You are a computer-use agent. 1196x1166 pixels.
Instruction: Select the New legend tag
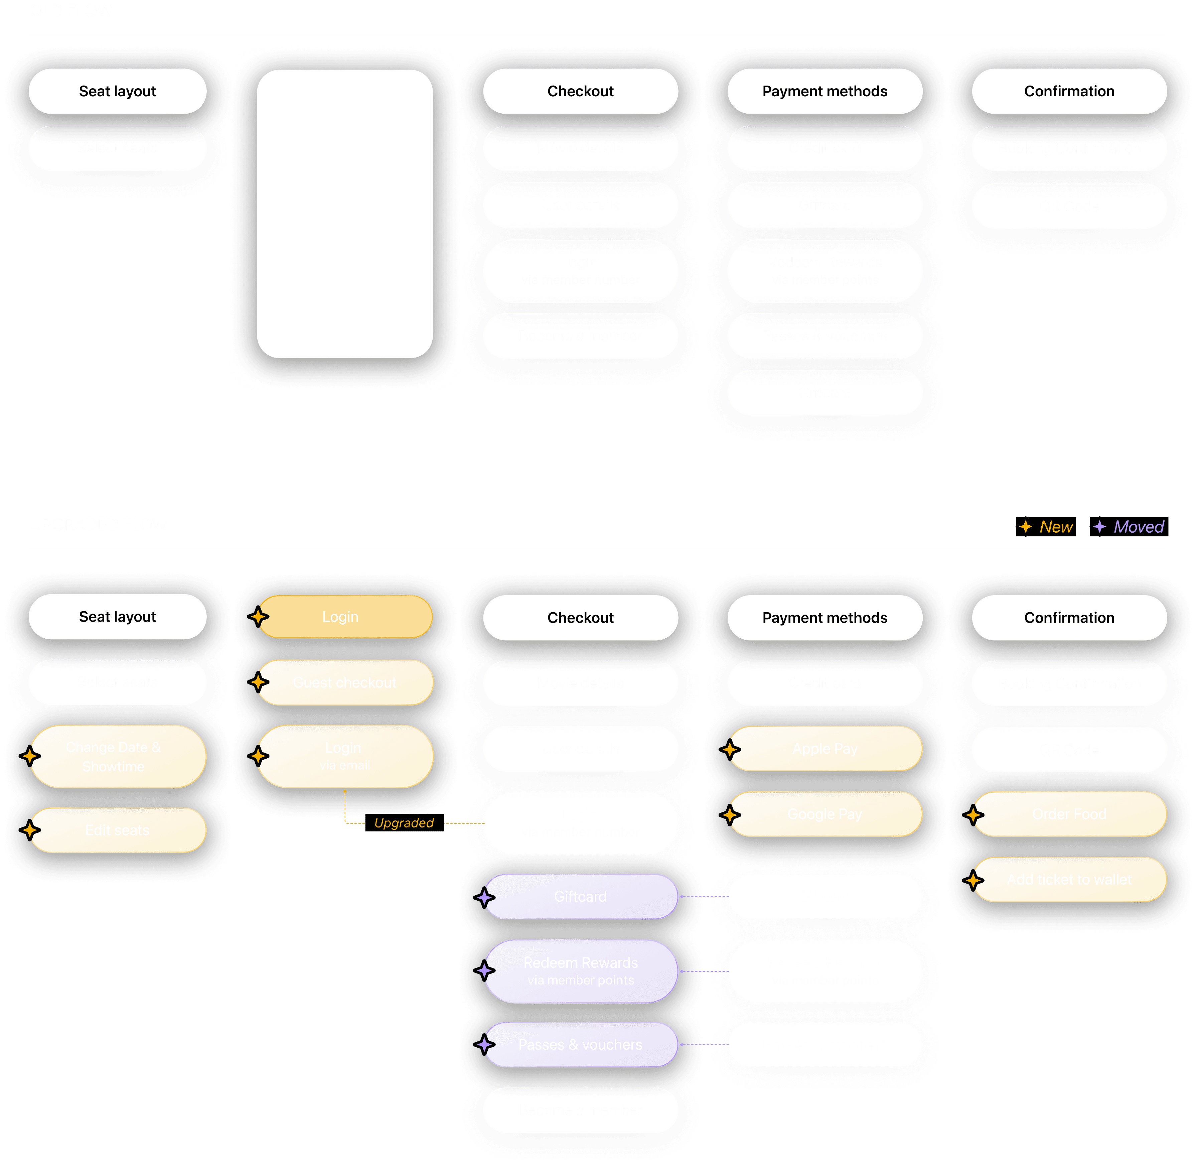pos(1045,527)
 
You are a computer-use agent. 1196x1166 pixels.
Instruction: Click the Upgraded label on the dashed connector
pos(404,822)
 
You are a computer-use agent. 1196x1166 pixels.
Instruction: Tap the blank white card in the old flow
pos(344,214)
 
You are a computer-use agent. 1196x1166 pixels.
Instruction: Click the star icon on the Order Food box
pos(975,815)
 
